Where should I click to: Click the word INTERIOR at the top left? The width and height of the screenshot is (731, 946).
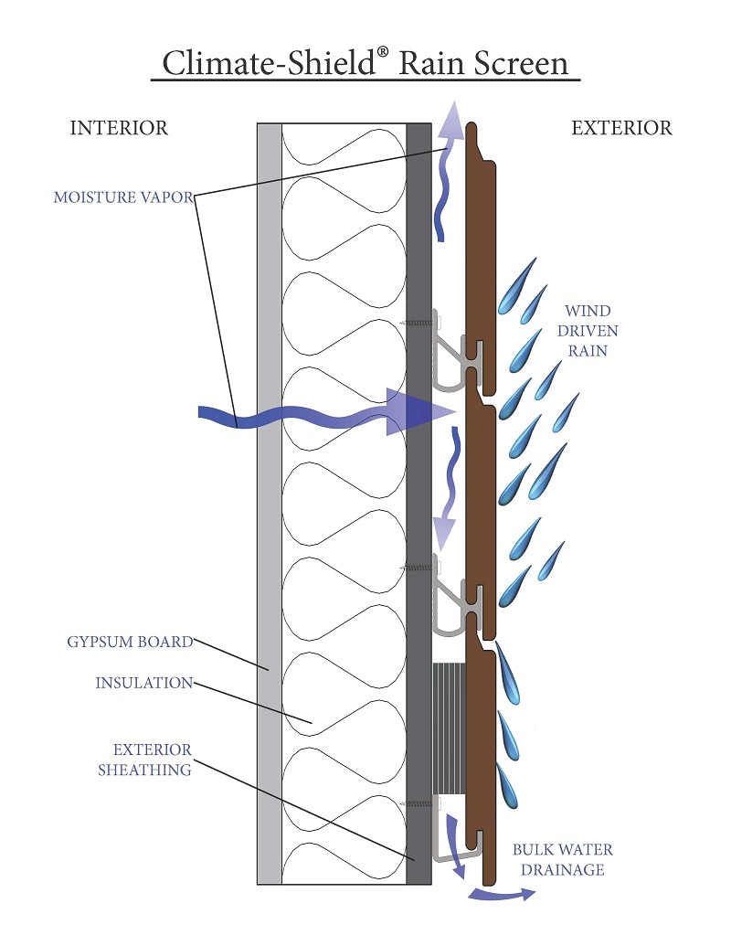[119, 128]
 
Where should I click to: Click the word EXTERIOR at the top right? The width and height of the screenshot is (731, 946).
[621, 128]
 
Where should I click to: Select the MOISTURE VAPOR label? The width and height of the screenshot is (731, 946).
[122, 197]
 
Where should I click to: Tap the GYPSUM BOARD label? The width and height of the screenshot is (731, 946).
[130, 642]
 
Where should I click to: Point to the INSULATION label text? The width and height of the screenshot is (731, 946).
[143, 683]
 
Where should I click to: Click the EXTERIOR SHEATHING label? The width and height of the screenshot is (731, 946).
[144, 760]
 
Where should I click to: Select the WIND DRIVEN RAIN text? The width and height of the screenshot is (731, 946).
[588, 329]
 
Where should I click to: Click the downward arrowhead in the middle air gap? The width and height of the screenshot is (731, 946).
[445, 528]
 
